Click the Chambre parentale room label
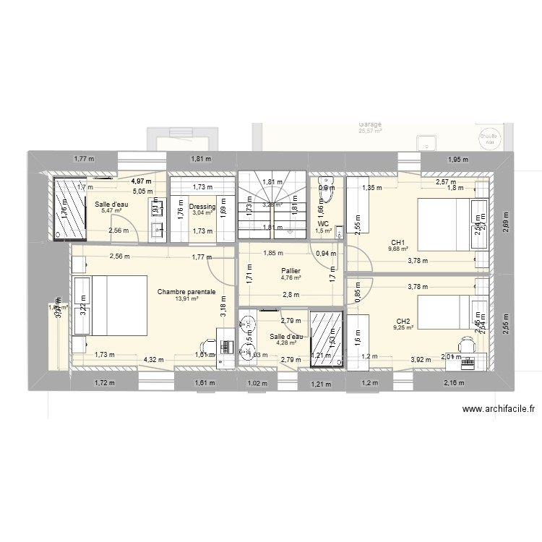pyautogui.click(x=186, y=291)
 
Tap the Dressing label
pyautogui.click(x=202, y=206)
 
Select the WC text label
pyautogui.click(x=323, y=223)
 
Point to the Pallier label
pyautogui.click(x=291, y=270)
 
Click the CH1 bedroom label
pyautogui.click(x=398, y=243)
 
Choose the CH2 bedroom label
pyautogui.click(x=403, y=321)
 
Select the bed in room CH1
pyautogui.click(x=444, y=223)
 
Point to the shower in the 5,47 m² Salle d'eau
pyautogui.click(x=69, y=210)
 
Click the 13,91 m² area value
pyautogui.click(x=186, y=298)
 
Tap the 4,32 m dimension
pyautogui.click(x=152, y=358)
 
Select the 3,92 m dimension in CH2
pyautogui.click(x=421, y=358)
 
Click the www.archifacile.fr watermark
pyautogui.click(x=498, y=409)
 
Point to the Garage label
pyautogui.click(x=369, y=124)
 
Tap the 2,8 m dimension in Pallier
pyautogui.click(x=291, y=294)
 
